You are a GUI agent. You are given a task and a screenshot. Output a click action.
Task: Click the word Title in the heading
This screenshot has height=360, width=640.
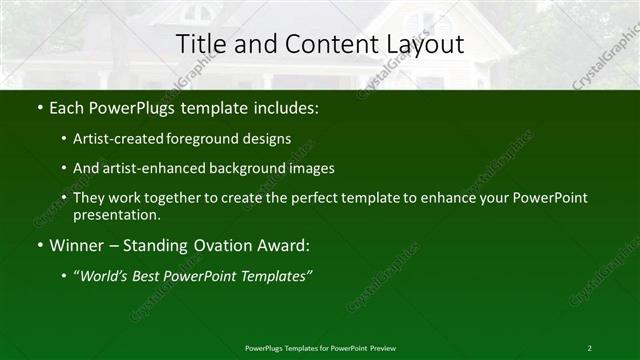coord(200,44)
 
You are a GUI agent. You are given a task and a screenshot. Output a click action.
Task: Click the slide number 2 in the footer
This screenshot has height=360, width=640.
coord(590,347)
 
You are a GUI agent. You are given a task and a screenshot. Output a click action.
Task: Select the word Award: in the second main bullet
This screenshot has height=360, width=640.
coord(279,245)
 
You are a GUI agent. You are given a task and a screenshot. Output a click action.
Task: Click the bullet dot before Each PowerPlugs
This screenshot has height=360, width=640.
coord(39,106)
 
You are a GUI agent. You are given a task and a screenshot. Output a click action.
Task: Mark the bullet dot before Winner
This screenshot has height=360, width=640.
coord(39,245)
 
